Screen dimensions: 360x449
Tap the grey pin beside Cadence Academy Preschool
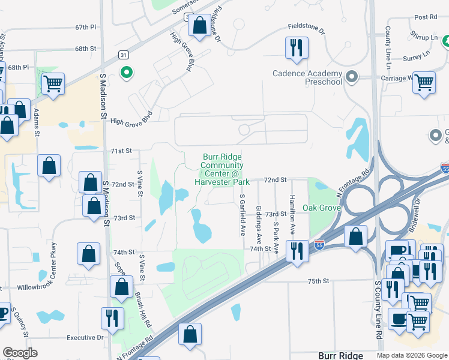click(352, 76)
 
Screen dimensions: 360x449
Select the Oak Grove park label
click(322, 208)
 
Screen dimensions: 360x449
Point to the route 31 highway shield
click(123, 55)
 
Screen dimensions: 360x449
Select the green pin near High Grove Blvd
click(126, 73)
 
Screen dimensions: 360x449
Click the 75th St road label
click(319, 281)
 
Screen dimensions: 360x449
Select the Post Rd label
click(425, 17)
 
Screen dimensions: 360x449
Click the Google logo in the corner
click(20, 353)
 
